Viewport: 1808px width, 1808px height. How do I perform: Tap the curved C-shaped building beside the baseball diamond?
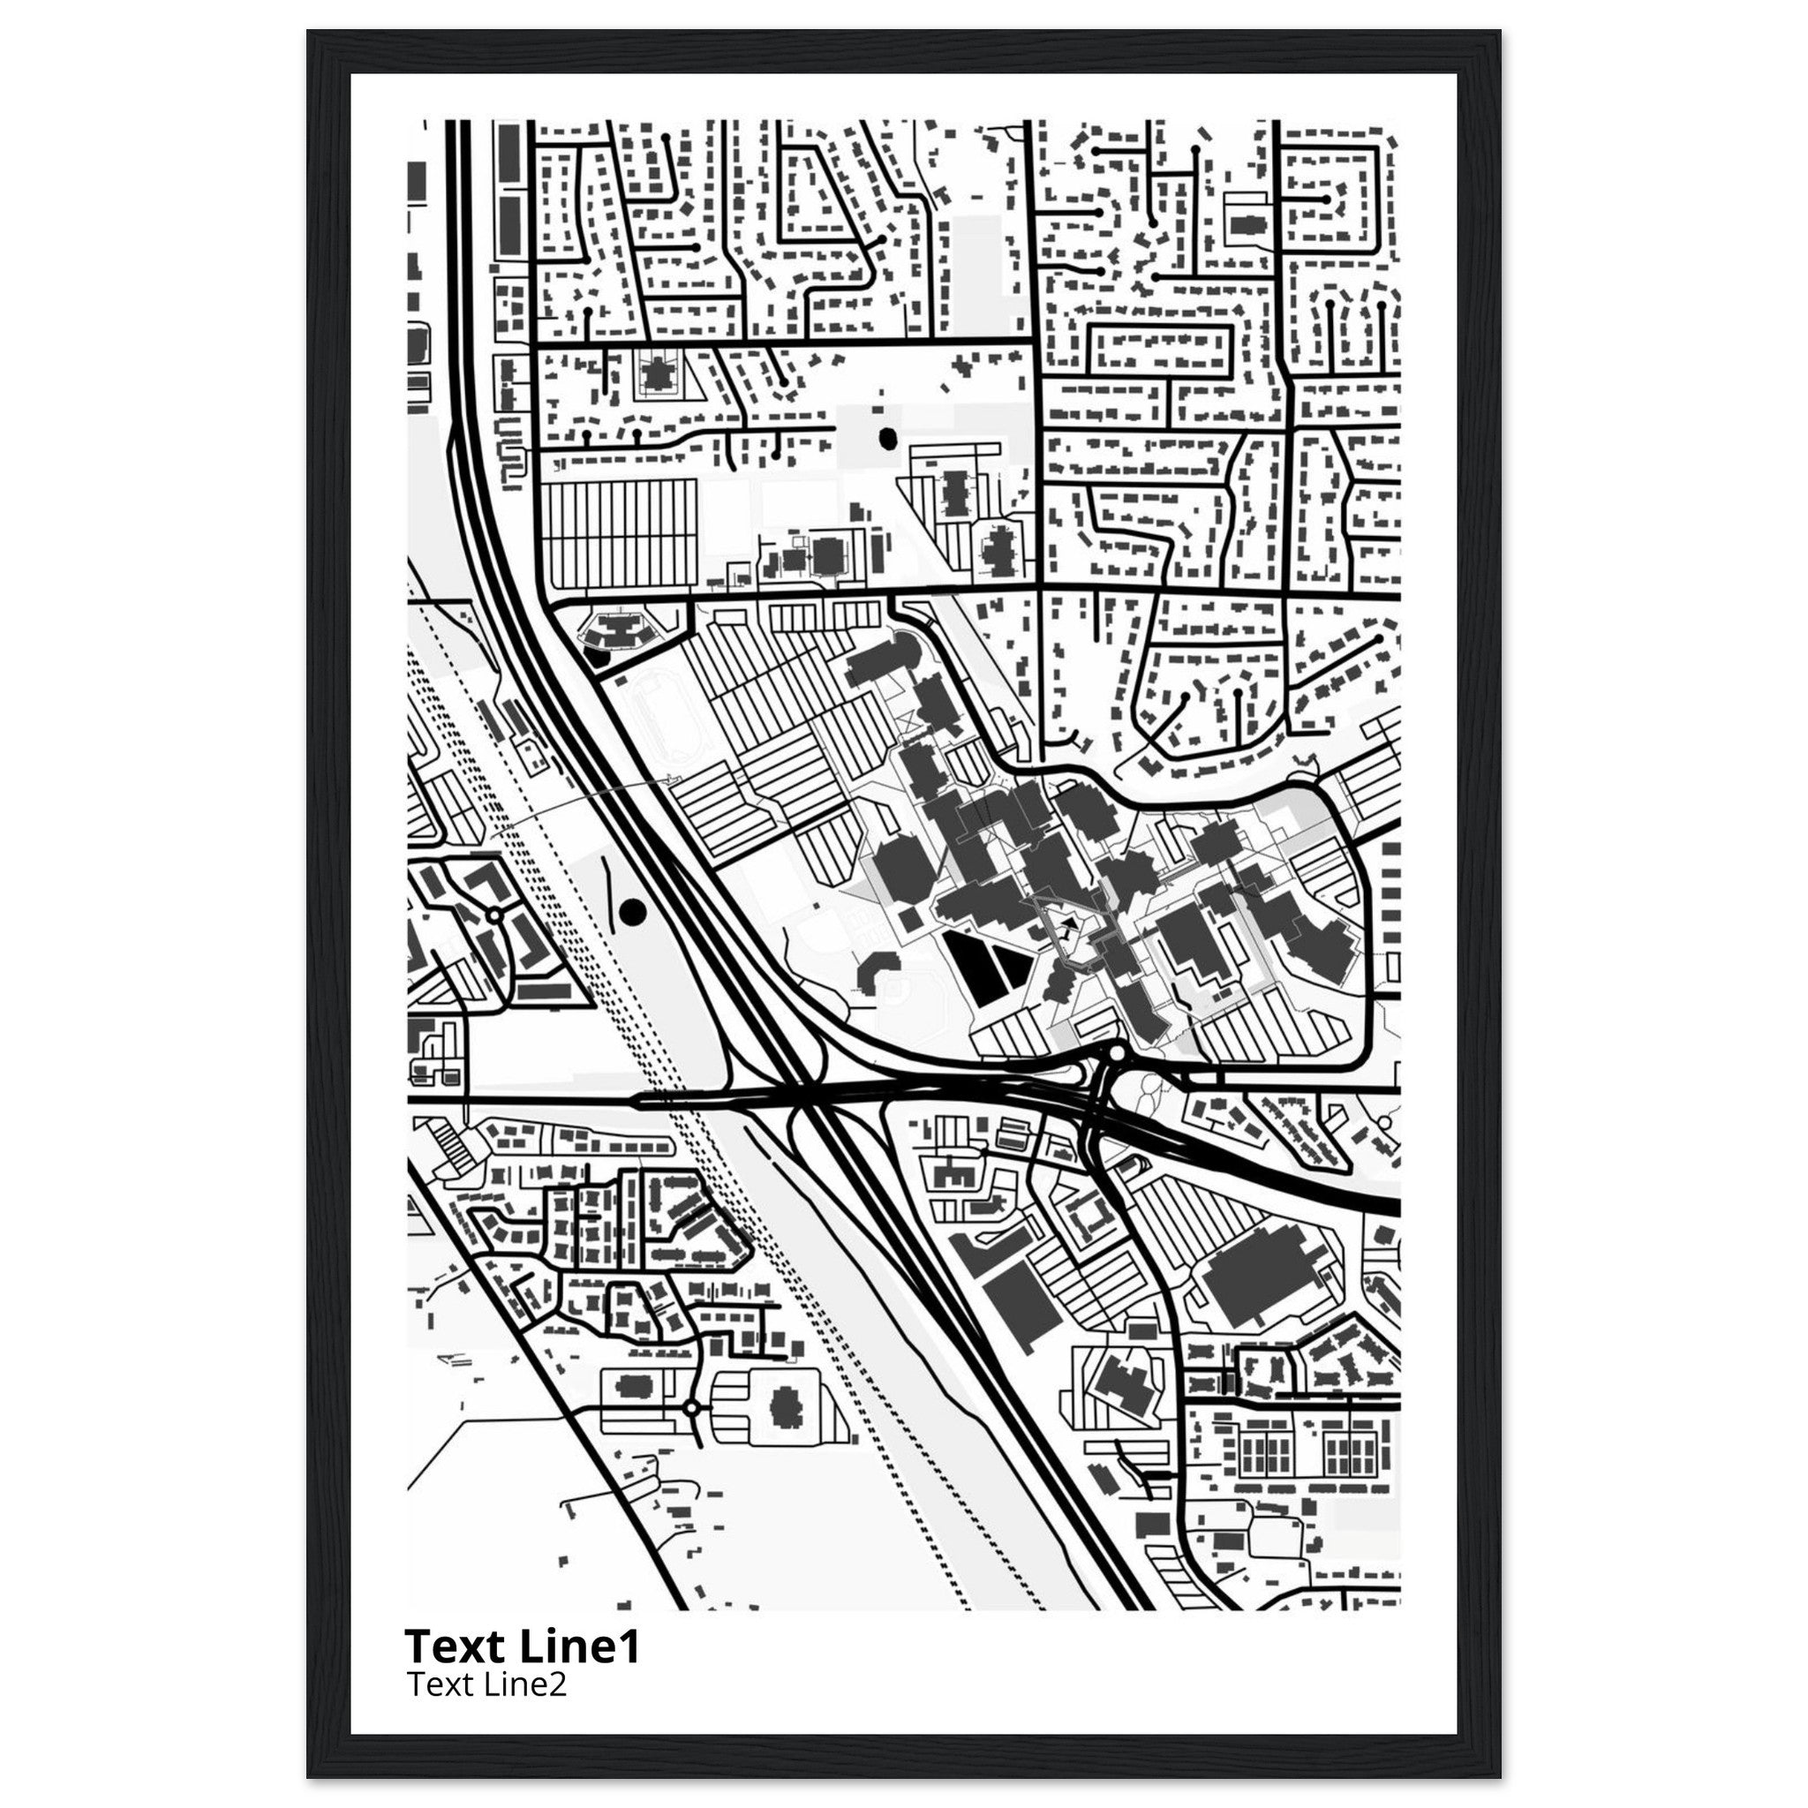click(x=875, y=970)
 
